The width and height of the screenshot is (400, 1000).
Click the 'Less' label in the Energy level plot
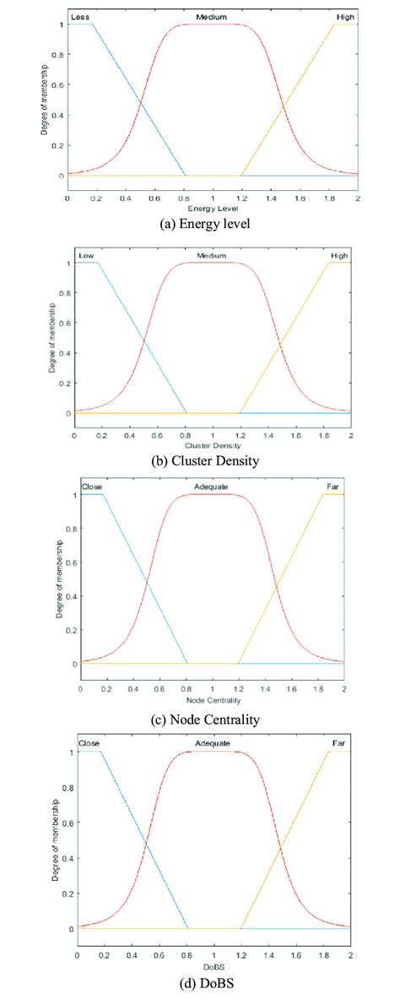coord(80,16)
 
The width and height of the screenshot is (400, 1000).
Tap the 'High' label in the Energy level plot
coord(343,16)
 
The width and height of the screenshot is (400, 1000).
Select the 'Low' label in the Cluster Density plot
coord(85,255)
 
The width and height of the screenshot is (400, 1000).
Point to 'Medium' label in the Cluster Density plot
coord(211,255)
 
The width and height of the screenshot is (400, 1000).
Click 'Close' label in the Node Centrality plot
coord(92,487)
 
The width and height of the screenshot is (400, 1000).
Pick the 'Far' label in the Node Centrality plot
coord(332,487)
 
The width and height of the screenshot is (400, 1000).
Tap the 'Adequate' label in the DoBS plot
coord(212,743)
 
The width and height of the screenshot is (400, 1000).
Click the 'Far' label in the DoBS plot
coord(338,743)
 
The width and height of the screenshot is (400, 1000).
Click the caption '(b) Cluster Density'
coord(213,460)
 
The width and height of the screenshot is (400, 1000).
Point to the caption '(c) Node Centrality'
coord(213,720)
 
